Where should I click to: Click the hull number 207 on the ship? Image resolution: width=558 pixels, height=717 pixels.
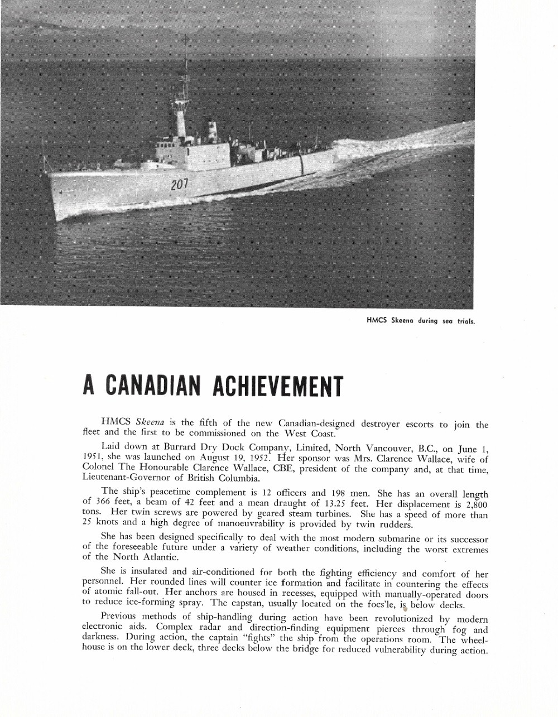click(x=179, y=184)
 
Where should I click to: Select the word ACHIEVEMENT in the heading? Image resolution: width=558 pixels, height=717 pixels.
click(x=278, y=386)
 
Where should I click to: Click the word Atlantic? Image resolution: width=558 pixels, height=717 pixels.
click(x=160, y=557)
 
